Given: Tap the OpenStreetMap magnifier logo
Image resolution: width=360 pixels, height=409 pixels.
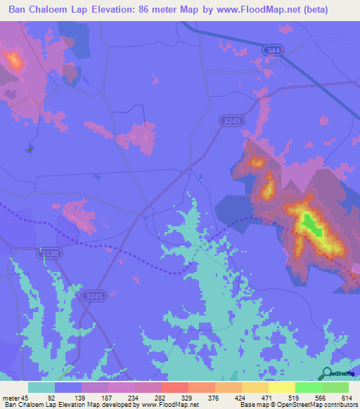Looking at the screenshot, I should (327, 374).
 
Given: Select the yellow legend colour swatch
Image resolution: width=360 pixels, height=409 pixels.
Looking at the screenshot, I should (281, 387).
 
